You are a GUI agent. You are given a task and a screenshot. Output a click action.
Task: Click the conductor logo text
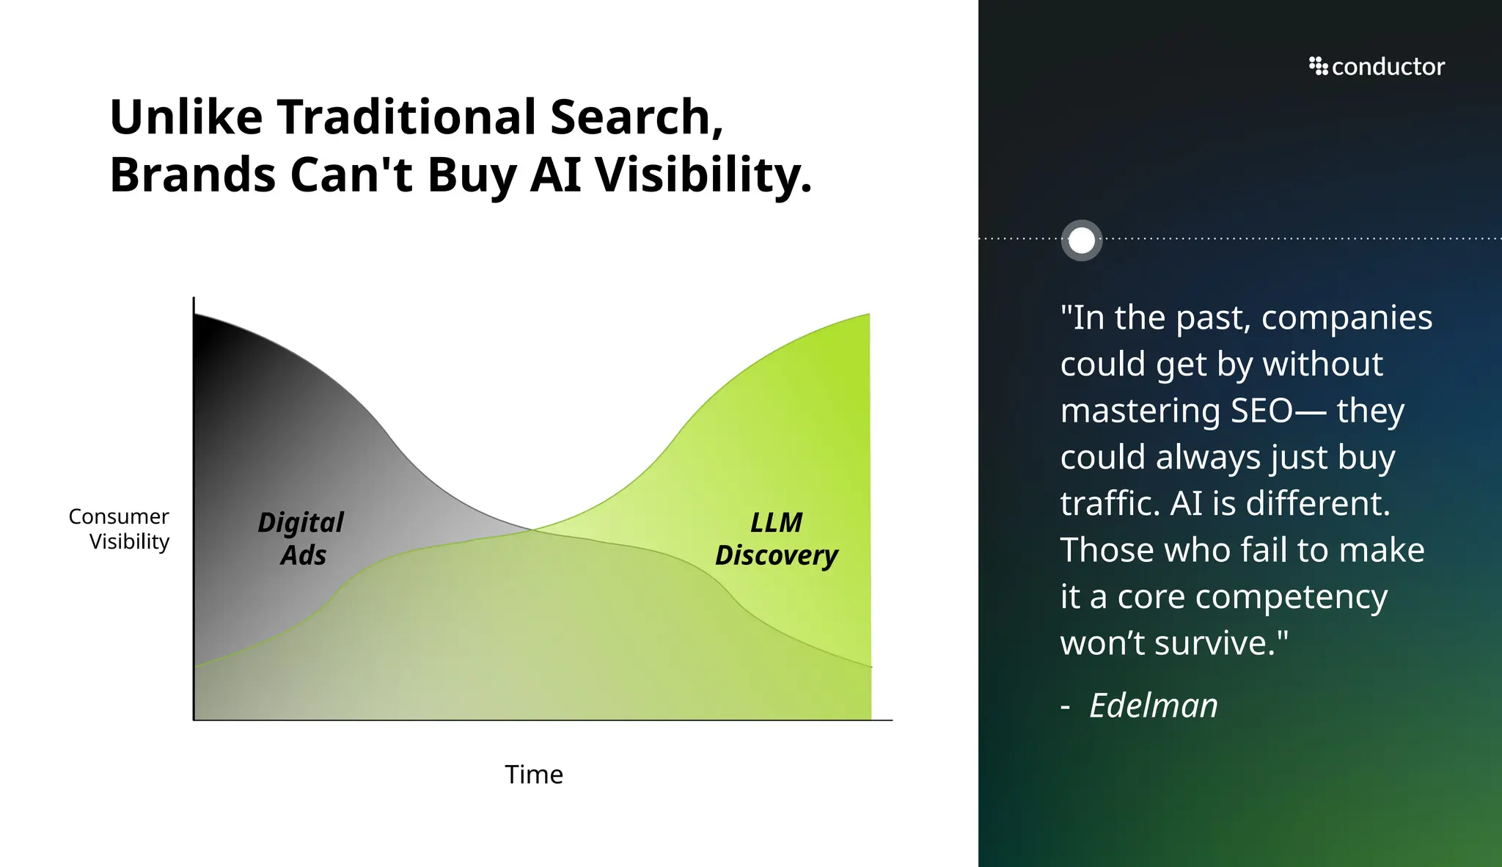[1388, 67]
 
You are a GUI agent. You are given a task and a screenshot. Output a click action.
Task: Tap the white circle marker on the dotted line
[1082, 240]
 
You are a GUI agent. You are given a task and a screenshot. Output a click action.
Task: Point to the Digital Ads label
[301, 538]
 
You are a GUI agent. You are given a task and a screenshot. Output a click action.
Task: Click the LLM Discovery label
[776, 538]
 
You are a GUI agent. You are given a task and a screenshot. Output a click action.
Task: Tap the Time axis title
[533, 775]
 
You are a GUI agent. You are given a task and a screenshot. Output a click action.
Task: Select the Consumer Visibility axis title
[120, 528]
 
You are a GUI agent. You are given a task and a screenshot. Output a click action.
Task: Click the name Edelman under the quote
[1153, 706]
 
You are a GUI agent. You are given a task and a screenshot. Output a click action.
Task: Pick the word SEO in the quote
[1261, 411]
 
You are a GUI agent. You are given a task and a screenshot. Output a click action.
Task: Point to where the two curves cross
[532, 529]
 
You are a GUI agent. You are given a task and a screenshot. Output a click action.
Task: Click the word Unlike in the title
[186, 117]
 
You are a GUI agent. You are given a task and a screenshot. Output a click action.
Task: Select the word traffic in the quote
[1110, 504]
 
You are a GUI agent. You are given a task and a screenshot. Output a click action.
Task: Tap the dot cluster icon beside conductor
[1318, 66]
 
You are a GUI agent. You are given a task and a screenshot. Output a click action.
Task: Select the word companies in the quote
[1347, 318]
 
